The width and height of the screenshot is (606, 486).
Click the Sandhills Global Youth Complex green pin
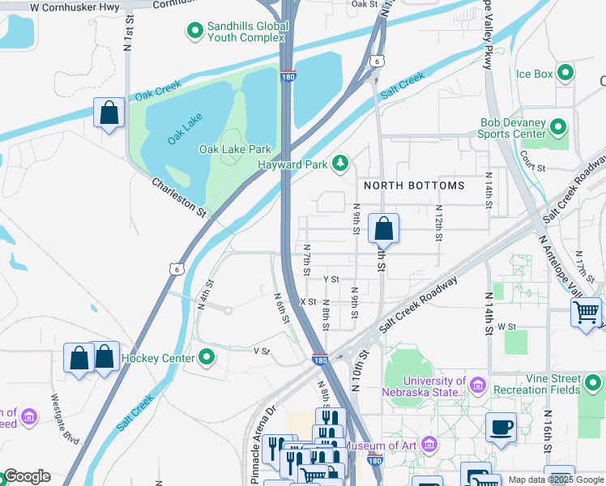(194, 32)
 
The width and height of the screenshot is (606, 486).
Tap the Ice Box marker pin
(565, 74)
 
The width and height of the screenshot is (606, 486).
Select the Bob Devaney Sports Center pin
(557, 127)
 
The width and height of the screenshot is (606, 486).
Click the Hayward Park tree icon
(341, 164)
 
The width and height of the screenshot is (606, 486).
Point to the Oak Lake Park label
(235, 149)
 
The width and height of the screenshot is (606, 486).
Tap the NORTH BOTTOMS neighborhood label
(414, 185)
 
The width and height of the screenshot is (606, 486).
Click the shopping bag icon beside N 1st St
(109, 113)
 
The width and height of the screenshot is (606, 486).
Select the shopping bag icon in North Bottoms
(383, 229)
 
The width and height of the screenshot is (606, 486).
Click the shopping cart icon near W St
(585, 312)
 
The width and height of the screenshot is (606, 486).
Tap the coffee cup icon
(501, 427)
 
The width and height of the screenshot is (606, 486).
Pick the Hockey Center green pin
(207, 357)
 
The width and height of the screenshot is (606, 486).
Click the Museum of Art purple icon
(429, 445)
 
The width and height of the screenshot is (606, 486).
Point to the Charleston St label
(179, 197)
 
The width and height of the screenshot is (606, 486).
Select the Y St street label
(331, 279)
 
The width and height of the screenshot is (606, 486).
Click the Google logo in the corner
(26, 476)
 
